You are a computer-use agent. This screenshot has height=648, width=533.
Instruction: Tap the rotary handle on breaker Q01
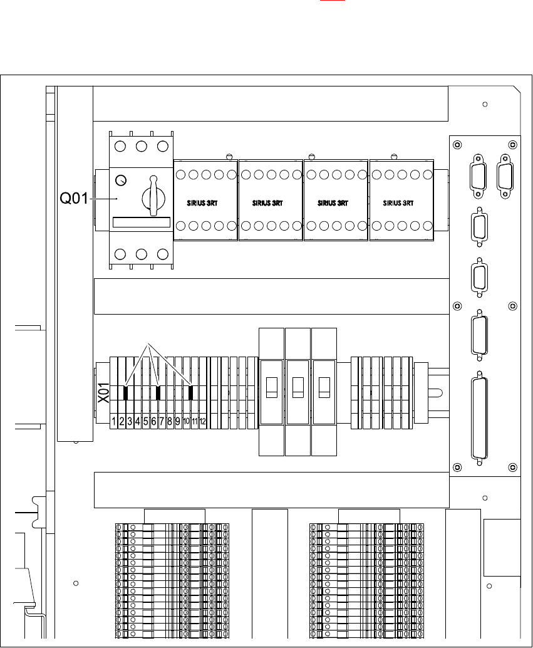152,196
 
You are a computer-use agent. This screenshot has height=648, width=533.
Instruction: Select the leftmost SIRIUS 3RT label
205,203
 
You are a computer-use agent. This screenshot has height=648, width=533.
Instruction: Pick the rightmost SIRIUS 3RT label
398,203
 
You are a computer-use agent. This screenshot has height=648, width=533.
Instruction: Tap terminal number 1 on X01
114,421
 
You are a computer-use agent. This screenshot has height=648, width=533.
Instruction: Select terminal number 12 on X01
203,421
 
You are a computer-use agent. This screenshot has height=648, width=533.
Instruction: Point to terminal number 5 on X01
145,421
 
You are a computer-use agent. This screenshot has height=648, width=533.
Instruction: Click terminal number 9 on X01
178,421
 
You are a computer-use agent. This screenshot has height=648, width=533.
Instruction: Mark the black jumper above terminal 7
158,393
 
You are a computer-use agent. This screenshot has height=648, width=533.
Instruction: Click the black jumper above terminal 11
191,393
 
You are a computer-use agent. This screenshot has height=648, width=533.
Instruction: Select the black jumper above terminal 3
126,393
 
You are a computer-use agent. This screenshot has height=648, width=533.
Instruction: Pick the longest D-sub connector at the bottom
480,418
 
